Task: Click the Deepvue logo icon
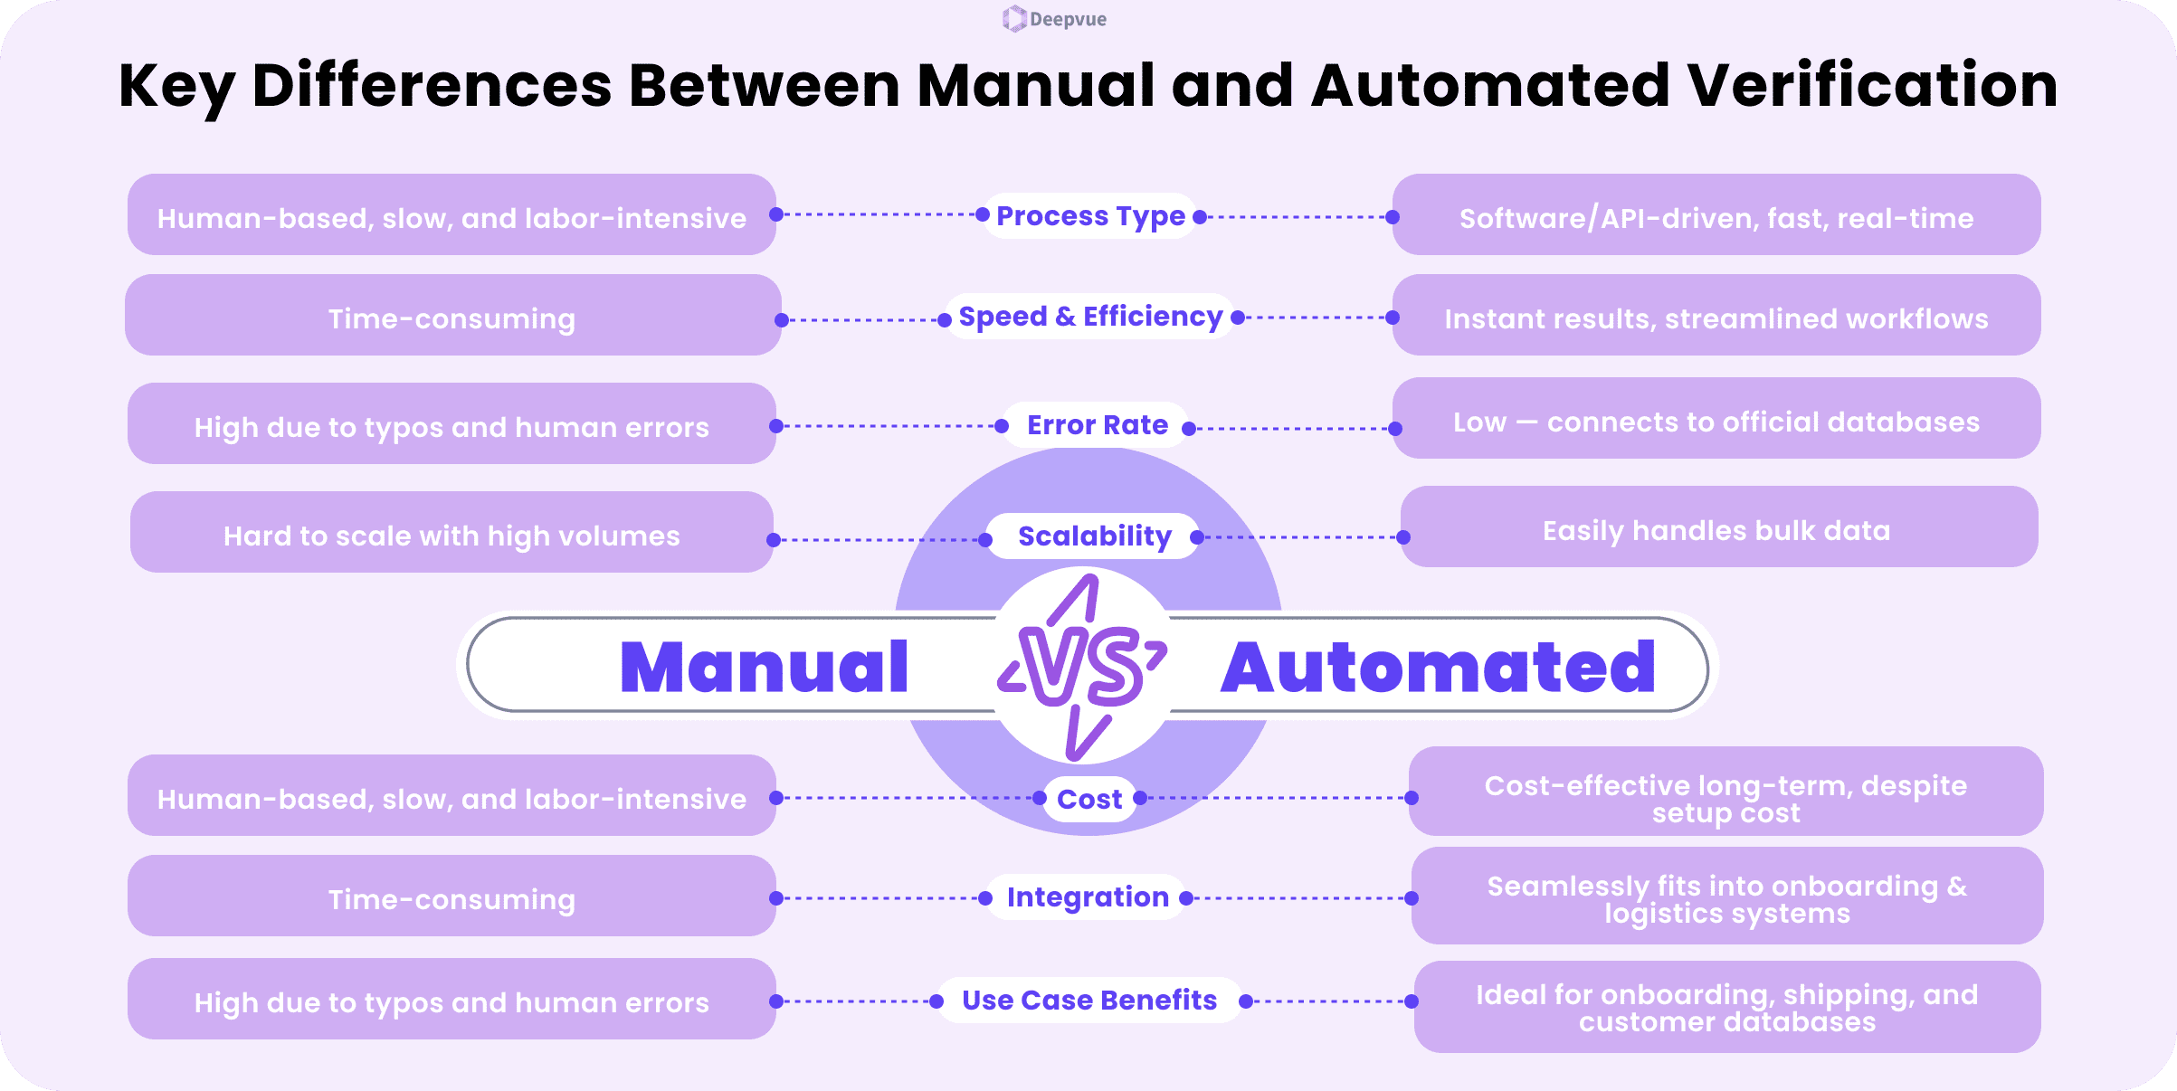tap(1013, 19)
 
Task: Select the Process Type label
tap(1090, 216)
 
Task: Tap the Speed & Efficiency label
tap(1090, 317)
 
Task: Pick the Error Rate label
tap(1097, 425)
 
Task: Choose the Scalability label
tap(1094, 536)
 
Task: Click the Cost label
tap(1089, 800)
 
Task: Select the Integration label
tap(1088, 897)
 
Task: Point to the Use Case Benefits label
tap(1089, 1001)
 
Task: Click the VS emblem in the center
tap(1083, 668)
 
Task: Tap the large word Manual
tap(764, 668)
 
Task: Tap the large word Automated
tap(1438, 668)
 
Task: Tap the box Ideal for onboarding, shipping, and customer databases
tap(1726, 1007)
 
